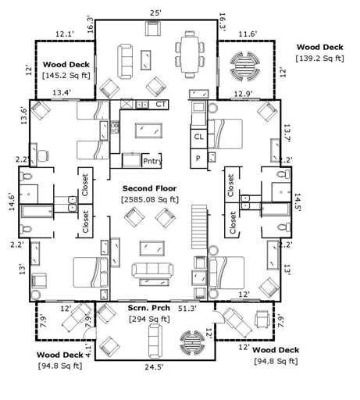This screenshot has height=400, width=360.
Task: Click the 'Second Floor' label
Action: pyautogui.click(x=149, y=188)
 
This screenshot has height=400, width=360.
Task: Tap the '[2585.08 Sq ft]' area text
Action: pyautogui.click(x=150, y=199)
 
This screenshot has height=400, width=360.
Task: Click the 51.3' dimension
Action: pyautogui.click(x=187, y=309)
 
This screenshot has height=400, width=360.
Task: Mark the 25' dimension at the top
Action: pyautogui.click(x=155, y=12)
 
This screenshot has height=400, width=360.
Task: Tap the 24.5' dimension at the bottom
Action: pyautogui.click(x=151, y=388)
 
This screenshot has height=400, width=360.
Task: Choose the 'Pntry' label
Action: pyautogui.click(x=152, y=161)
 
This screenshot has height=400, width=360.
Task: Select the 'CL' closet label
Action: pyautogui.click(x=199, y=137)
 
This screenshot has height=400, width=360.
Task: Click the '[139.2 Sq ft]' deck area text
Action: pyautogui.click(x=320, y=58)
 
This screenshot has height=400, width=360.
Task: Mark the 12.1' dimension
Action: pyautogui.click(x=65, y=34)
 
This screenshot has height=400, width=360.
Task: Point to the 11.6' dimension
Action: pyautogui.click(x=248, y=34)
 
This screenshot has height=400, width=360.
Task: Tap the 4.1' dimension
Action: pyautogui.click(x=89, y=352)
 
